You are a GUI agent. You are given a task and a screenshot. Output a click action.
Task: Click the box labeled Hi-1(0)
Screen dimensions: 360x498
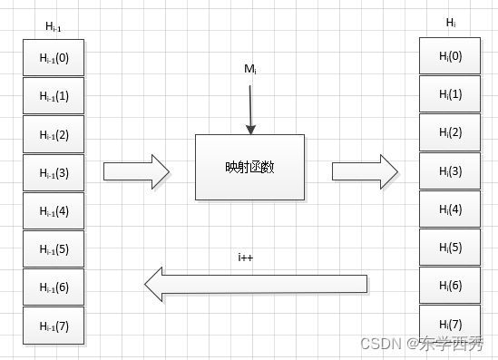point(54,57)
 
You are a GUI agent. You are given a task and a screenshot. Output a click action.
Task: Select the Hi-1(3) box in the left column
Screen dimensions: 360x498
point(54,172)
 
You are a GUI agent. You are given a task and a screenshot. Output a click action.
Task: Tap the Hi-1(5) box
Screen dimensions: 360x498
point(54,248)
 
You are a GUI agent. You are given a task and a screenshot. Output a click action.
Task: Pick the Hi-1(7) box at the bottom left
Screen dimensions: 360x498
point(54,326)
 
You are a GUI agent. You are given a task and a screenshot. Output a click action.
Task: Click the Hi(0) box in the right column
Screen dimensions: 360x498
point(449,55)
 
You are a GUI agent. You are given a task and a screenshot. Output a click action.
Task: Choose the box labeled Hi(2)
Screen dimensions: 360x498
point(449,132)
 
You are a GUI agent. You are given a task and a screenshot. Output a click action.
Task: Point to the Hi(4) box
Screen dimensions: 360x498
point(449,209)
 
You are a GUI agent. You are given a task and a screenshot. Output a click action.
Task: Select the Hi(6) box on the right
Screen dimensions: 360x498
point(449,286)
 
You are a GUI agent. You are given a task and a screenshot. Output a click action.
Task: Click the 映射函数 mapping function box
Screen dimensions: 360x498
point(249,167)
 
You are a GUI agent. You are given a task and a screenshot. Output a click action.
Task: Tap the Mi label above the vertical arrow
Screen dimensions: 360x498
point(249,69)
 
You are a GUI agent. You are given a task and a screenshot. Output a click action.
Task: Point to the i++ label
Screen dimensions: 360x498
point(244,257)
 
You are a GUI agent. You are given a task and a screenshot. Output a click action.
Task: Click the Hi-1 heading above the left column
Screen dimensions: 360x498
point(54,26)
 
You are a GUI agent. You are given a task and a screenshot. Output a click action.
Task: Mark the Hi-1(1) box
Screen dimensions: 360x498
point(54,95)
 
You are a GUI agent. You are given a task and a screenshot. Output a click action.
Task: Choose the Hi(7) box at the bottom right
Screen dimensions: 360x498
point(449,324)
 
